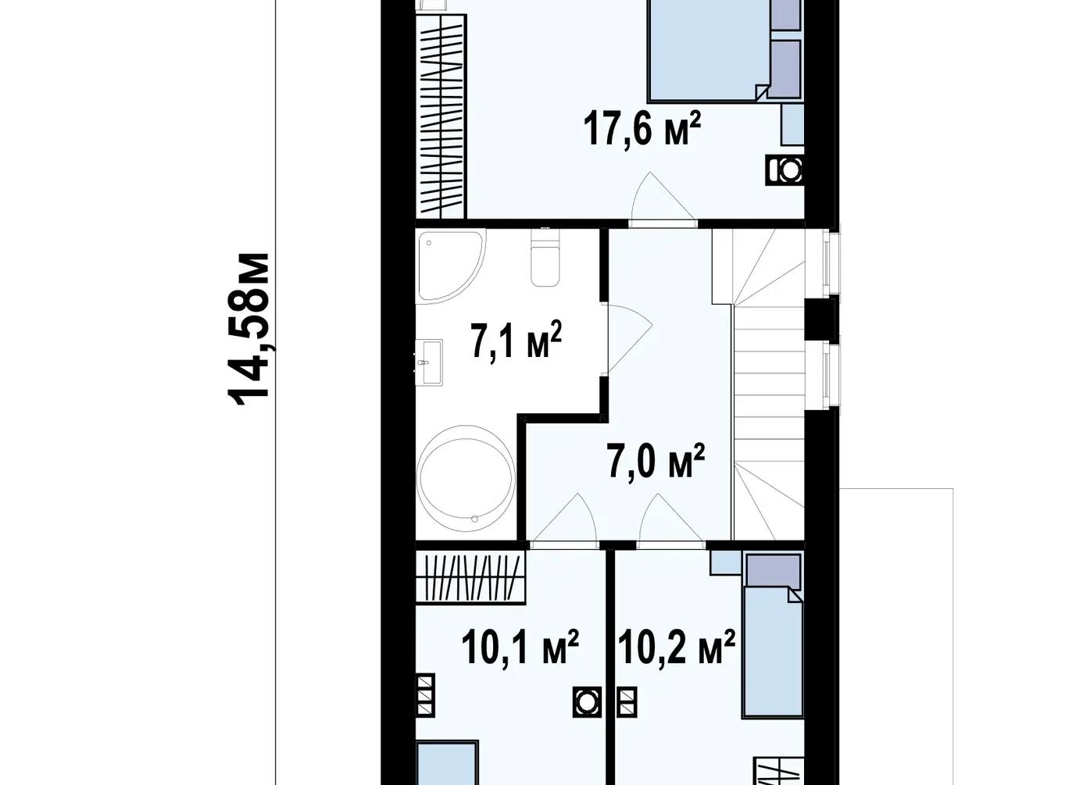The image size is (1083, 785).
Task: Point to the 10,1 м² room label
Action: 520,646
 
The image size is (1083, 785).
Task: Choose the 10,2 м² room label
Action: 677,646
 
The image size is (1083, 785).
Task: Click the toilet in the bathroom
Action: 545,257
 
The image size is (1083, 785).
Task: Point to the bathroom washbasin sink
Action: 429,362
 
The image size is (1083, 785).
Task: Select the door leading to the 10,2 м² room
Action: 671,519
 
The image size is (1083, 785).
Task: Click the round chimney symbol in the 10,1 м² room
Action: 587,701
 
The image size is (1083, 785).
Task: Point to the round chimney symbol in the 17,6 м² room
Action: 785,169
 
